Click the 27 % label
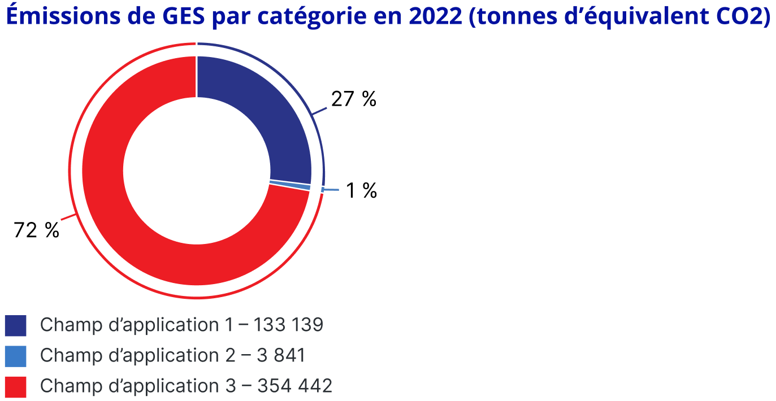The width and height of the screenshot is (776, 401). click(x=353, y=99)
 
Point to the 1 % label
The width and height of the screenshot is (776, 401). click(x=361, y=191)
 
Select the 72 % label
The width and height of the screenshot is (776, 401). click(x=36, y=230)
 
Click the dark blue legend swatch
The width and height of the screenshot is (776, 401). click(x=15, y=325)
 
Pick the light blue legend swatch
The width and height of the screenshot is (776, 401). click(x=15, y=356)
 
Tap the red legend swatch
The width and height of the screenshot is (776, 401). click(x=15, y=386)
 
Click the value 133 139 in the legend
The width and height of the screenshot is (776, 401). click(x=288, y=325)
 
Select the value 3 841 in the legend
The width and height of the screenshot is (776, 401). click(x=281, y=356)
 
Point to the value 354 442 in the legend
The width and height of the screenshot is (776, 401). click(x=294, y=386)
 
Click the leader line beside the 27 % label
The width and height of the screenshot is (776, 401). click(x=320, y=111)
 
